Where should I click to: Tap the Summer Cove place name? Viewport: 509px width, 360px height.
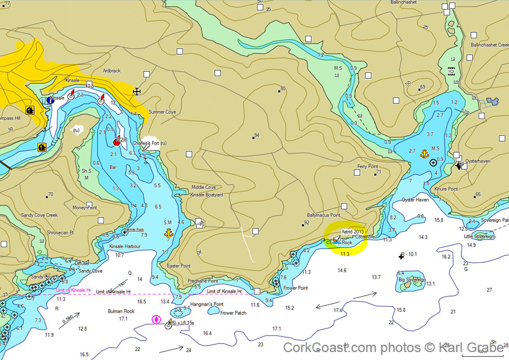tap(162, 112)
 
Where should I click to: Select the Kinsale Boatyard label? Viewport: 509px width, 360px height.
tap(206, 194)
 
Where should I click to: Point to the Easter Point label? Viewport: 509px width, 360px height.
tap(179, 266)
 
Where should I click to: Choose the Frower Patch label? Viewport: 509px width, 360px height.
tap(233, 313)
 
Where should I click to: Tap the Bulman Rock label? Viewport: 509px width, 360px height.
tap(121, 311)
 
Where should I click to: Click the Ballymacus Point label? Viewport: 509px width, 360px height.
tap(323, 215)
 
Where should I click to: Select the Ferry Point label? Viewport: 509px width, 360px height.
tap(367, 167)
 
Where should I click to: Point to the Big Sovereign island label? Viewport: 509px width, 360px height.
tap(412, 279)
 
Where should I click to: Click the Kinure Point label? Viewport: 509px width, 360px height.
tap(446, 189)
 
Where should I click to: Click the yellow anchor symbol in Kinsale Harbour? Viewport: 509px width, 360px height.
tap(168, 233)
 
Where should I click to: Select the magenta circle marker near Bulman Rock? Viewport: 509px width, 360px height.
tap(156, 320)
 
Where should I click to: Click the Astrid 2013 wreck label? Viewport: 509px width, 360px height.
tap(353, 231)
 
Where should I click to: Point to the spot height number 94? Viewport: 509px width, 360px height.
tap(257, 136)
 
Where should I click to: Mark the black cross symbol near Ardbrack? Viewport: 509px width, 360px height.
tap(136, 92)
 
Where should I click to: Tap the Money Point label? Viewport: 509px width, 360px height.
tap(85, 207)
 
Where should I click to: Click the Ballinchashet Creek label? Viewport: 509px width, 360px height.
tap(490, 45)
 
